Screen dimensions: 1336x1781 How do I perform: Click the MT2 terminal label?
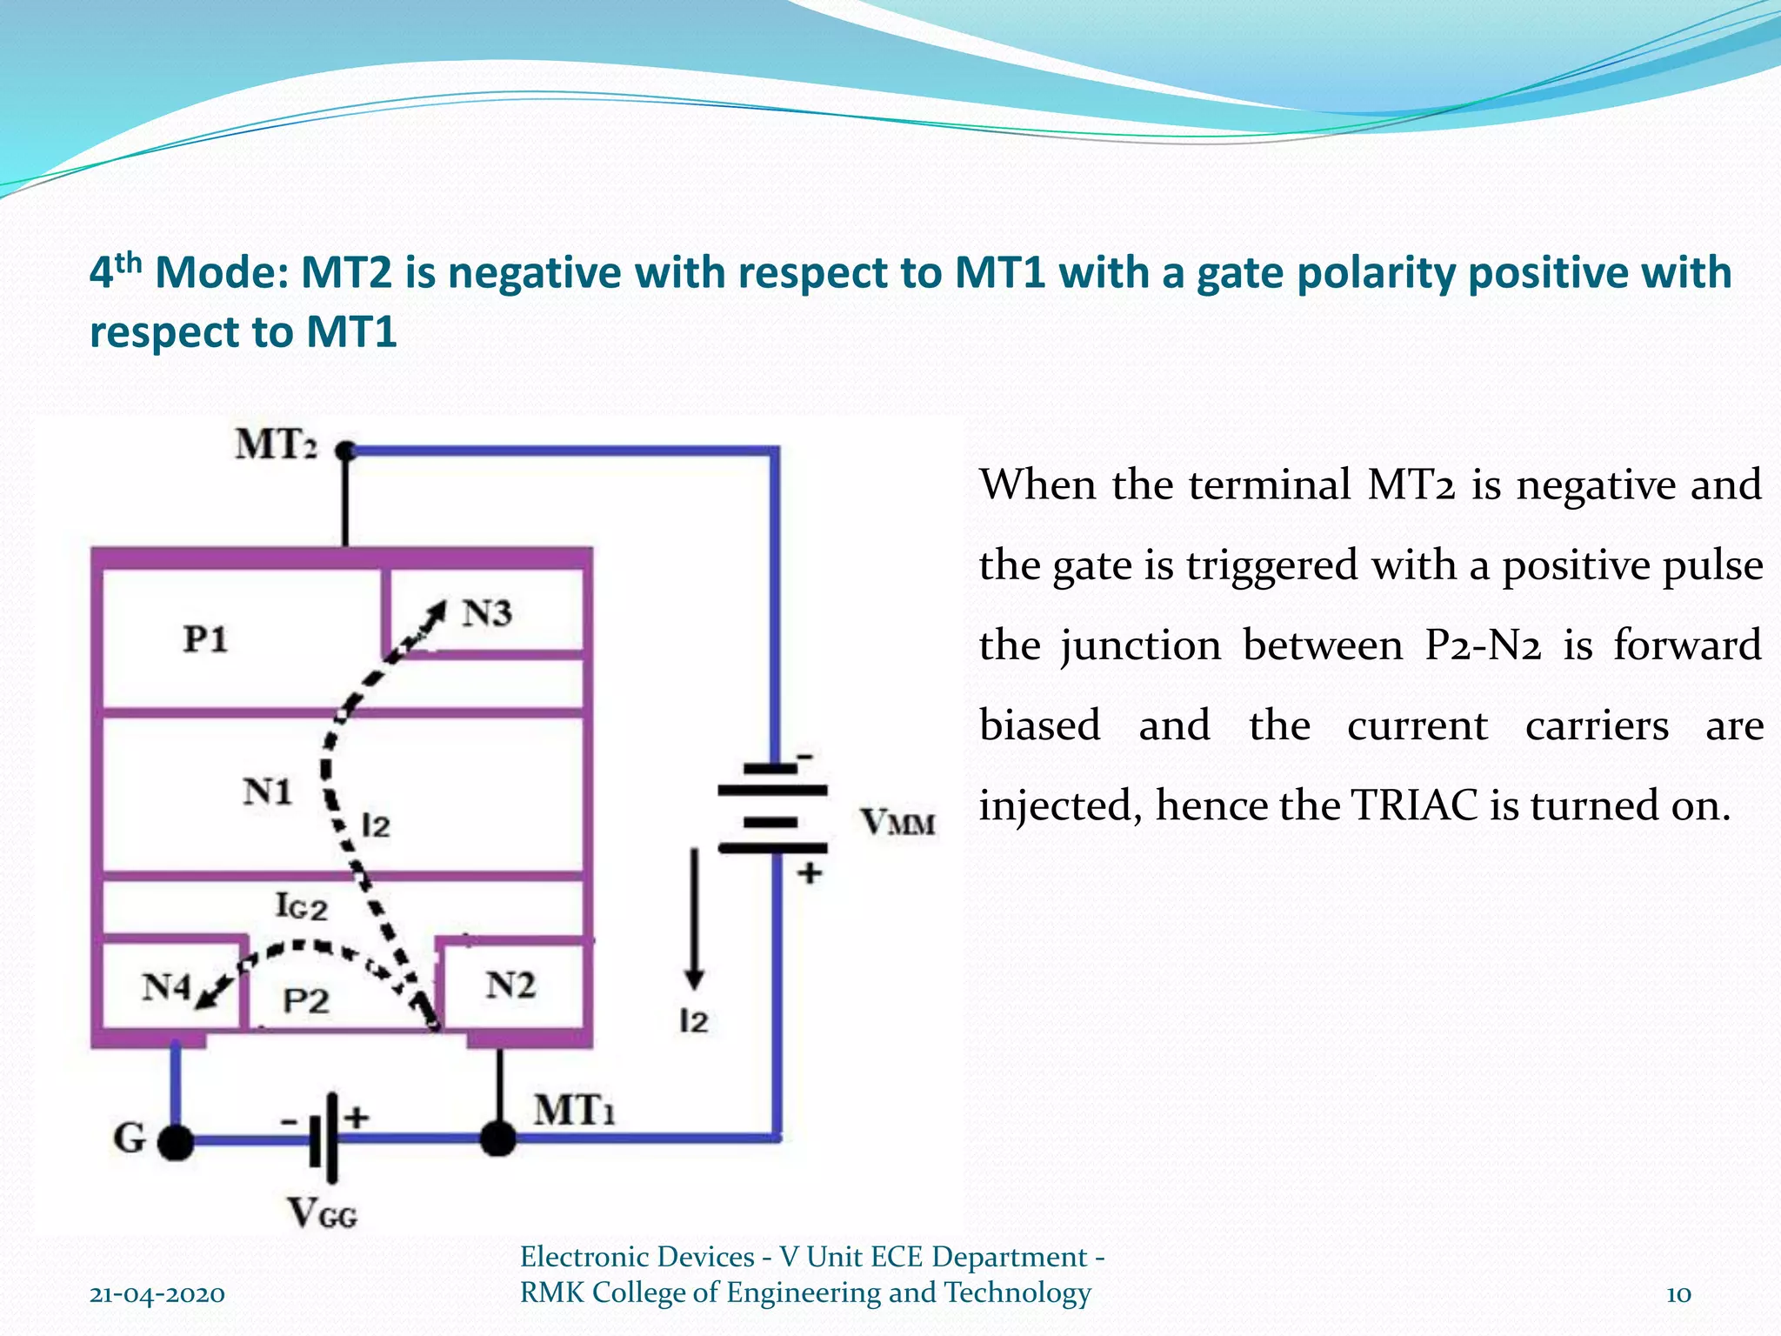click(276, 445)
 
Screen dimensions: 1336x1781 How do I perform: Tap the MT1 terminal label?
click(574, 1111)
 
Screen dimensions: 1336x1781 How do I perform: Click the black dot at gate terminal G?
click(177, 1141)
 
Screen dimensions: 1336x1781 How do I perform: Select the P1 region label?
click(205, 640)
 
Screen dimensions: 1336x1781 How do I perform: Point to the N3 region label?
click(487, 614)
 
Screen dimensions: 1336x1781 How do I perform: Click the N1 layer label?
click(267, 792)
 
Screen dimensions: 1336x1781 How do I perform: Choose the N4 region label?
click(166, 987)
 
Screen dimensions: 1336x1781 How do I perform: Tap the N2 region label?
click(510, 985)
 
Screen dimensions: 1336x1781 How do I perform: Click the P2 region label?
click(306, 1001)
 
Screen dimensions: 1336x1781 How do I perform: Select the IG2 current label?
click(302, 906)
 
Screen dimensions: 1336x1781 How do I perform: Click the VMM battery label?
click(898, 822)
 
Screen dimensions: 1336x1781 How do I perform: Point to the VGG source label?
click(323, 1212)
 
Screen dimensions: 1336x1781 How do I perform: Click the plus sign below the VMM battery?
click(810, 872)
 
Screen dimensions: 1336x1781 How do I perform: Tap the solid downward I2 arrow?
click(694, 918)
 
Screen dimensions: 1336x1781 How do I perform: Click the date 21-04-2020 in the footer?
click(157, 1294)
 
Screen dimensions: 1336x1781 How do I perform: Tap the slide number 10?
click(1678, 1294)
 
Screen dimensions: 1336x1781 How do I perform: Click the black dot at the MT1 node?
click(498, 1138)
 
